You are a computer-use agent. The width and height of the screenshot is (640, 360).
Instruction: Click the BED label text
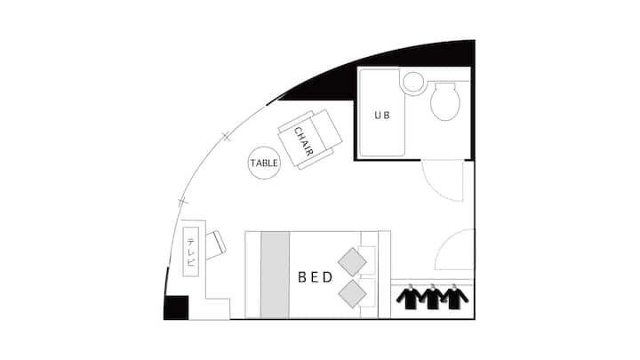click(x=316, y=277)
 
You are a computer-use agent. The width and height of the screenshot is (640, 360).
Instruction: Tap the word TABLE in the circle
click(x=264, y=164)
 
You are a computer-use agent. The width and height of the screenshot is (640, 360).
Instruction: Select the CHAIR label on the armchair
click(x=304, y=141)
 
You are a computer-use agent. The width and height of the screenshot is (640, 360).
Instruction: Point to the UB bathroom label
click(x=382, y=116)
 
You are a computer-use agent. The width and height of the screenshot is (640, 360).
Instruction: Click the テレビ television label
click(x=191, y=252)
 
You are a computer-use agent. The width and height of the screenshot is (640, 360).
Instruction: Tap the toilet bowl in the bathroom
click(x=445, y=101)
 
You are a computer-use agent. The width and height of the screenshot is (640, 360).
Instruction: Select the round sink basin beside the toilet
click(x=413, y=82)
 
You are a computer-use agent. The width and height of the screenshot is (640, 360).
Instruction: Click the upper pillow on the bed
click(x=352, y=261)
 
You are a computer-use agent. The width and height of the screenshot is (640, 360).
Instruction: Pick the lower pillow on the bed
click(x=352, y=293)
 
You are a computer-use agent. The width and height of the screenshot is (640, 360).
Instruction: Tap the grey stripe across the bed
click(x=275, y=275)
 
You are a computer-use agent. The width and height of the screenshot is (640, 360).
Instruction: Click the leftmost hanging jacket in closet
click(x=410, y=297)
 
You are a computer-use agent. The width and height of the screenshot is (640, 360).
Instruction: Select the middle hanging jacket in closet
click(x=432, y=297)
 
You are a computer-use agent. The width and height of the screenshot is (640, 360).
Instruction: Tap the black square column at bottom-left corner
click(x=176, y=308)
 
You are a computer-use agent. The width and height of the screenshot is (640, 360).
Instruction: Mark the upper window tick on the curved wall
click(x=227, y=137)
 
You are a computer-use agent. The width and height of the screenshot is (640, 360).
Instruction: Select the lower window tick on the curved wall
click(x=182, y=201)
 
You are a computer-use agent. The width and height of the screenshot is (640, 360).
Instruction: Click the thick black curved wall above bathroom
click(x=392, y=71)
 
